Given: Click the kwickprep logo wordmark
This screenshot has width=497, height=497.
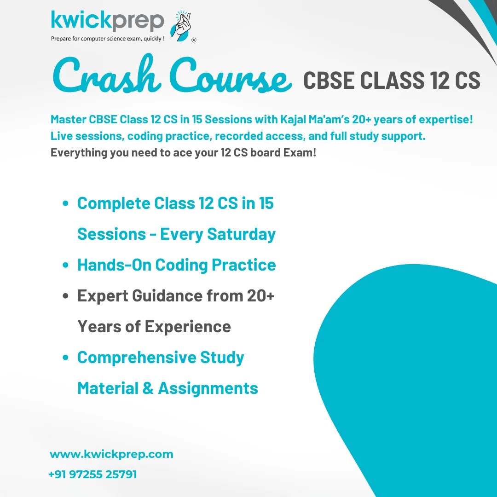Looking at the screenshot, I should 107,21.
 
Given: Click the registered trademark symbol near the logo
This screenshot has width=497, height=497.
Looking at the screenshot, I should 194,40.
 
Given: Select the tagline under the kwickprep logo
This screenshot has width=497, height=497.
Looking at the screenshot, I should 108,39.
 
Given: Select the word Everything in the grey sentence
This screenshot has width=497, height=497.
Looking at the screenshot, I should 78,153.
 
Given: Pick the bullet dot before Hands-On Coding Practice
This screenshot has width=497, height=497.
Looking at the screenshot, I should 66,266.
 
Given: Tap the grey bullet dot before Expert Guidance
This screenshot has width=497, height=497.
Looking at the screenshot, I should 66,296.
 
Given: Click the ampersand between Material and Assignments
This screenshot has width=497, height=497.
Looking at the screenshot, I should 148,388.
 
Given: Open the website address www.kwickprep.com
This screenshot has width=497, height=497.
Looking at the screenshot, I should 111,454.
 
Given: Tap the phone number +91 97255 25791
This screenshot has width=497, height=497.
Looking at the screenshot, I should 92,474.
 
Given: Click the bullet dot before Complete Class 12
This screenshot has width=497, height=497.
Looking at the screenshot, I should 66,203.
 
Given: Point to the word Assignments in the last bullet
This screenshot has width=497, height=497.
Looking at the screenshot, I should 208,388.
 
